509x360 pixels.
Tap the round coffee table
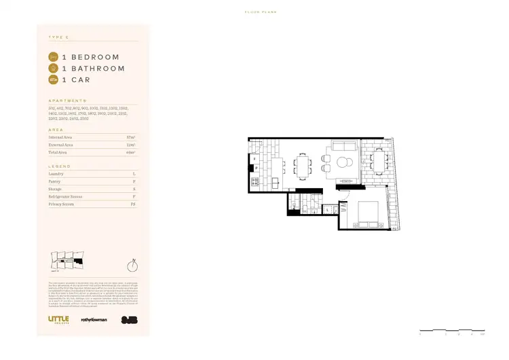[x=343, y=162]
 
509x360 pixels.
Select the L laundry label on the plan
[x=327, y=210]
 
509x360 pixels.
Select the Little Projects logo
[x=58, y=319]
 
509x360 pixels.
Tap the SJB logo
[x=128, y=319]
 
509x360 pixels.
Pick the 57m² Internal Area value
[x=132, y=137]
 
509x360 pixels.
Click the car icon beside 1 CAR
[x=54, y=80]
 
